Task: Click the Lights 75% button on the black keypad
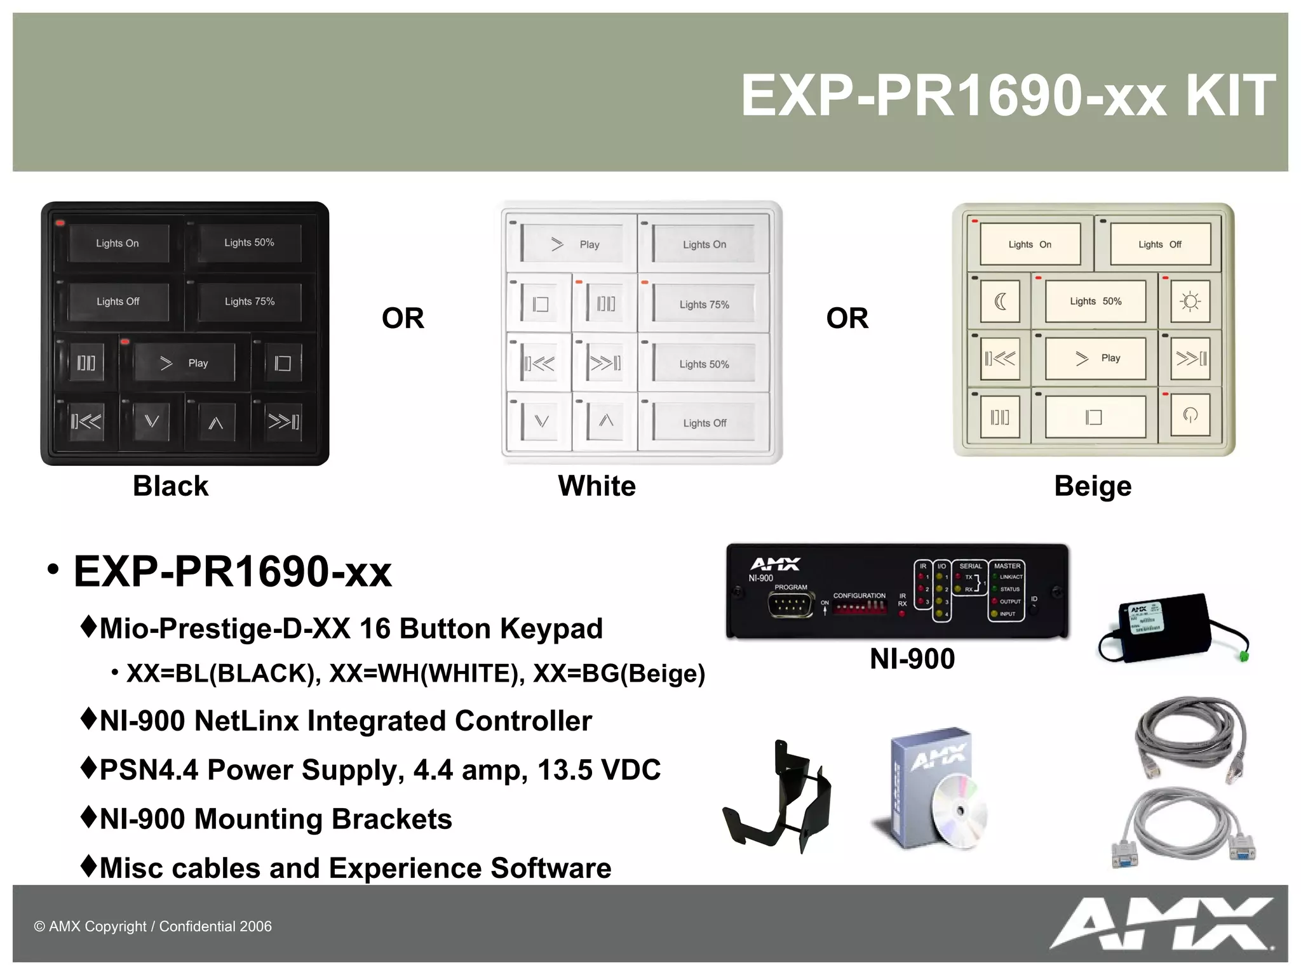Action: pyautogui.click(x=249, y=302)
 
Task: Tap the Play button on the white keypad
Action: pyautogui.click(x=574, y=244)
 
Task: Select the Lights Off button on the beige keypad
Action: pyautogui.click(x=1160, y=244)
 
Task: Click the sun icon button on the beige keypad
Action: pyautogui.click(x=1190, y=302)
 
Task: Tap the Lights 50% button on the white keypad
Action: pyautogui.click(x=704, y=364)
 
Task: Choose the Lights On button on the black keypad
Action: pyautogui.click(x=118, y=243)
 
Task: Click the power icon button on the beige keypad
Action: pyautogui.click(x=1190, y=416)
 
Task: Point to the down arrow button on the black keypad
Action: pyautogui.click(x=152, y=421)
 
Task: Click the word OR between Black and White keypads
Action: pyautogui.click(x=403, y=318)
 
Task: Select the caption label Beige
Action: pyautogui.click(x=1093, y=486)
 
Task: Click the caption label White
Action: pyautogui.click(x=597, y=486)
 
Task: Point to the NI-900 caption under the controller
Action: pyautogui.click(x=912, y=659)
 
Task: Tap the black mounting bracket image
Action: pyautogui.click(x=778, y=799)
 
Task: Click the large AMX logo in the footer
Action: pyautogui.click(x=1161, y=924)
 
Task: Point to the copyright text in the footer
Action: pyautogui.click(x=152, y=927)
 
